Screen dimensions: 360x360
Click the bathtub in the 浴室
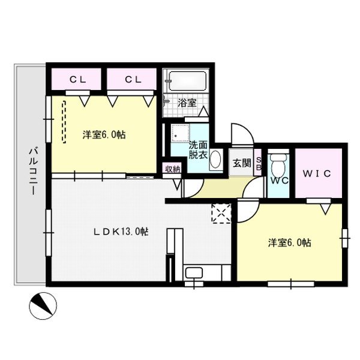point(188,81)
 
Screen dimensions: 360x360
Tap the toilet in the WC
point(278,164)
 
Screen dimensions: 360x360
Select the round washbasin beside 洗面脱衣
point(215,158)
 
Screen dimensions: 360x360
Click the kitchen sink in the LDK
point(194,272)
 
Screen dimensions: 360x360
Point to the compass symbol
point(43,306)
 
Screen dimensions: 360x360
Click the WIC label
point(317,173)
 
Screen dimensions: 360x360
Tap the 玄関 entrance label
point(242,163)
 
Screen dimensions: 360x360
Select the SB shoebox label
point(259,163)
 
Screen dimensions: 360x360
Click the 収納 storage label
point(172,169)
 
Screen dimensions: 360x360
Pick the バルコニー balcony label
point(33,171)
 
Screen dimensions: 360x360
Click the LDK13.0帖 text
point(121,232)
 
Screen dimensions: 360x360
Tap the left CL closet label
point(78,80)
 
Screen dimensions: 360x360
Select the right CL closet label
point(133,80)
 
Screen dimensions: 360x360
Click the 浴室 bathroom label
point(187,103)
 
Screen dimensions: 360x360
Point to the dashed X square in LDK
point(221,214)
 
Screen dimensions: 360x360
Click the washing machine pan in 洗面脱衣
point(181,133)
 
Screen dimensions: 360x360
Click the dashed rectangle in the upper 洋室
point(64,122)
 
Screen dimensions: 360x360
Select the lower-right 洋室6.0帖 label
point(290,242)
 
